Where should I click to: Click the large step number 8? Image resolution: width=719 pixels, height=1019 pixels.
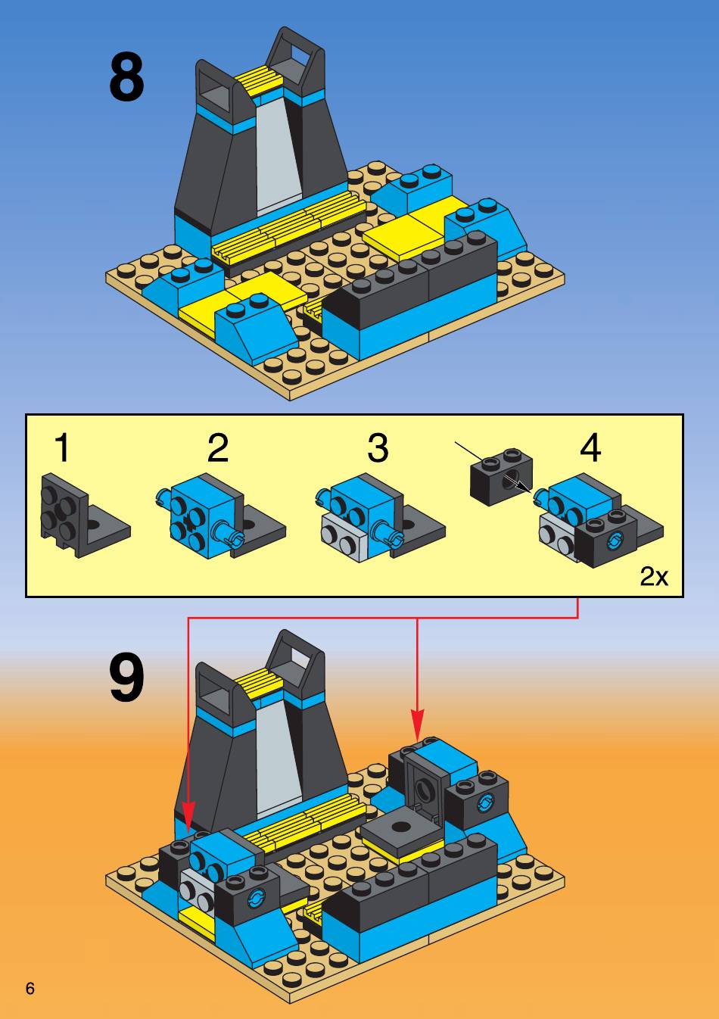(x=126, y=76)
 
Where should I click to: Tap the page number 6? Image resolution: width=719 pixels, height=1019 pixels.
(x=30, y=988)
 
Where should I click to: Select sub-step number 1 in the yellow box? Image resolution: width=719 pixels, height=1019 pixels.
(x=63, y=447)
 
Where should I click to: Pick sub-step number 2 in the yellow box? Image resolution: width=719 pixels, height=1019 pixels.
(x=217, y=447)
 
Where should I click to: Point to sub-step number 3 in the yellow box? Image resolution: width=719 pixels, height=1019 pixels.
(x=378, y=447)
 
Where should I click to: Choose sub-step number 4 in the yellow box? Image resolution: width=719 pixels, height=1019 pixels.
(x=590, y=447)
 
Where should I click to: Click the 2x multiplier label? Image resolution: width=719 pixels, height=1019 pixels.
(x=654, y=576)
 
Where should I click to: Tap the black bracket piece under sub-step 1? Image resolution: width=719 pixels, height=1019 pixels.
(x=85, y=516)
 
